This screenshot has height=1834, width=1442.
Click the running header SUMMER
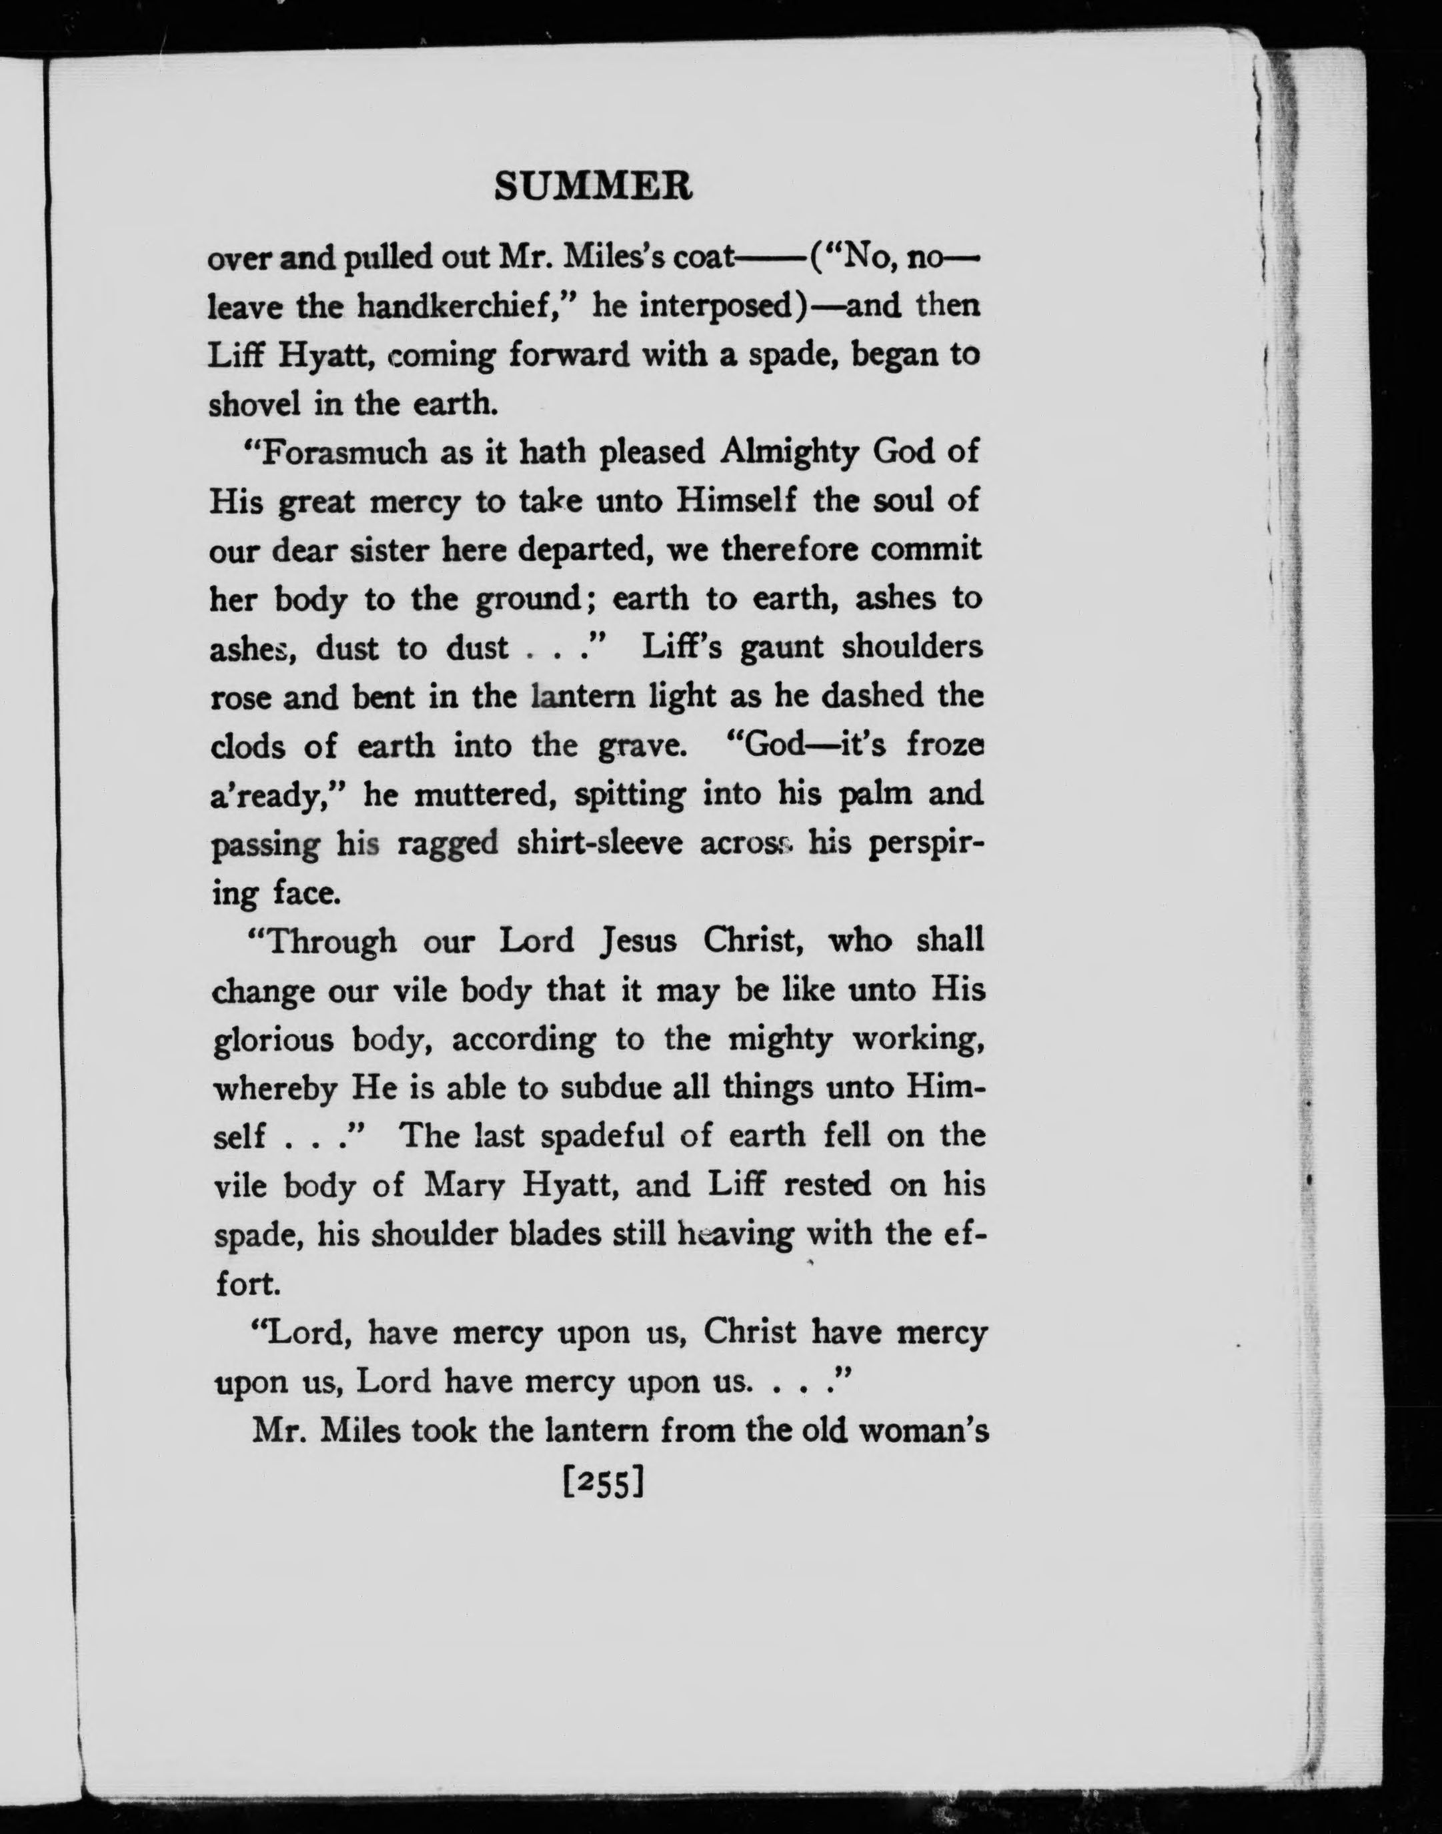(x=593, y=187)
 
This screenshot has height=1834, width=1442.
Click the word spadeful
(x=604, y=1137)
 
